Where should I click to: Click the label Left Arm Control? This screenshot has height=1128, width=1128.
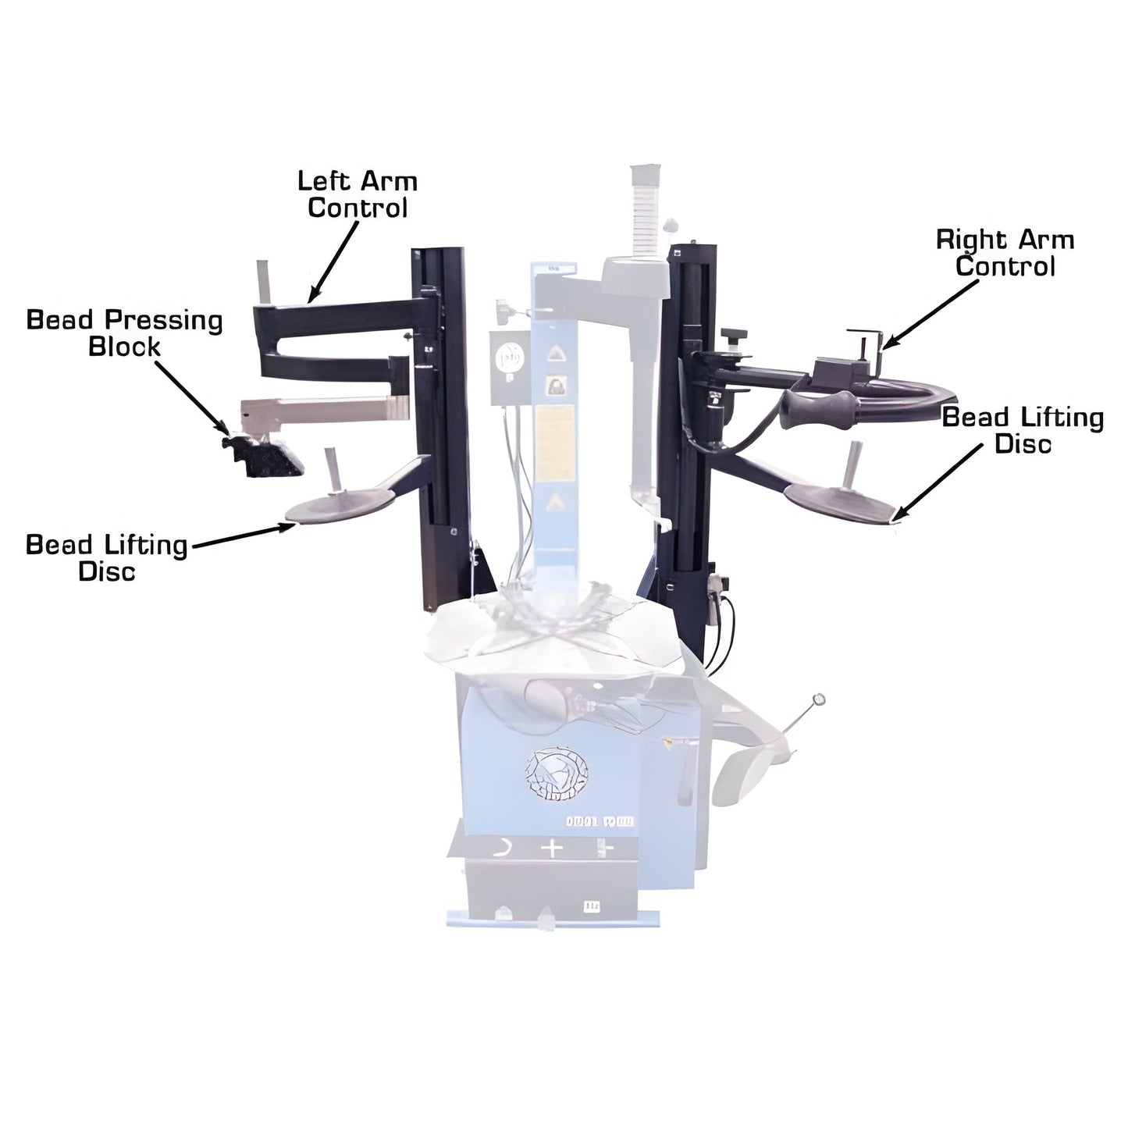coord(358,194)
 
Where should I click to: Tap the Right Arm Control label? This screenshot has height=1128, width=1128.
coord(1005,252)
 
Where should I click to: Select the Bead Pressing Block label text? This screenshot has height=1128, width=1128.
coord(125,333)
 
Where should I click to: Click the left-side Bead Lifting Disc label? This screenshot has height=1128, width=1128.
coord(107,557)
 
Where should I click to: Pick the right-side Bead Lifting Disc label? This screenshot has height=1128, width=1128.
coord(1023,430)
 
